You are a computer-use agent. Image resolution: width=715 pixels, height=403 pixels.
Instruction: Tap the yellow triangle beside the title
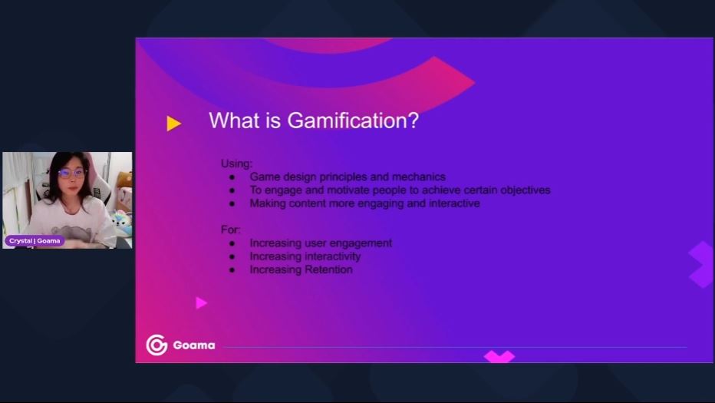coord(173,124)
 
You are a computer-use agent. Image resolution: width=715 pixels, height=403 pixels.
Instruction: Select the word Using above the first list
coord(236,164)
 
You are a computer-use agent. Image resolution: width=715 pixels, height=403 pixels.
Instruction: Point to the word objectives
coord(526,190)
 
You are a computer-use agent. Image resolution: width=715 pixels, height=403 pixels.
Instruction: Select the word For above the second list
coord(230,229)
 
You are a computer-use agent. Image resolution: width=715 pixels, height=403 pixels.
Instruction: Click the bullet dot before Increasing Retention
coord(232,269)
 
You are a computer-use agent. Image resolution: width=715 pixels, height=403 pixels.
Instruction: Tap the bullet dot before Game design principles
coord(232,177)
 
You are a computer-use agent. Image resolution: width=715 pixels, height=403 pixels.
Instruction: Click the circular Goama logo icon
coord(157,345)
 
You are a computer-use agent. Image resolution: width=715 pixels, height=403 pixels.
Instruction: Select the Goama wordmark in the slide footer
coord(194,345)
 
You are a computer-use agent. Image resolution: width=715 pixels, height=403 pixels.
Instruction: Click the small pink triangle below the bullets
coord(201,302)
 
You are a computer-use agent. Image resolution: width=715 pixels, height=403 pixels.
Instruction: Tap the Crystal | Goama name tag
coord(35,240)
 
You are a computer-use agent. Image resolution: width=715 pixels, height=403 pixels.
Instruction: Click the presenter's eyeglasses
coord(71,173)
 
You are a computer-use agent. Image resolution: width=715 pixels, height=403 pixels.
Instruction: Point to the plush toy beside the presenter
coord(122,221)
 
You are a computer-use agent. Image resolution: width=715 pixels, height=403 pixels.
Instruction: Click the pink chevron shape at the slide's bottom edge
coord(499,356)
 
